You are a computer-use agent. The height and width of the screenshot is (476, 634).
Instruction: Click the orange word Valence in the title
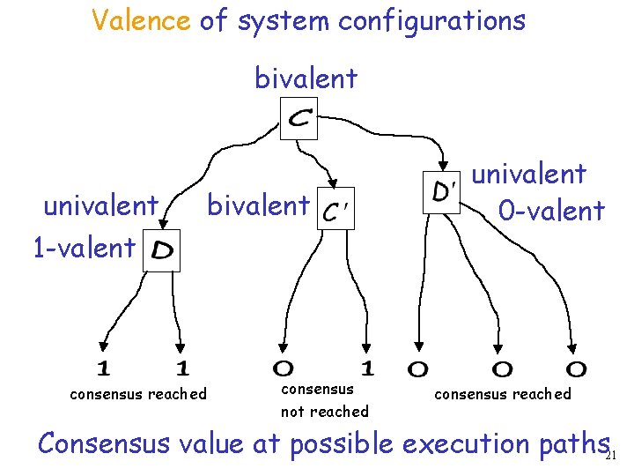[x=141, y=19]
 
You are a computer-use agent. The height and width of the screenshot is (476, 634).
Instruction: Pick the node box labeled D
[x=161, y=250]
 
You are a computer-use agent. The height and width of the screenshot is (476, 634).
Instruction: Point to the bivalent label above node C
[x=306, y=78]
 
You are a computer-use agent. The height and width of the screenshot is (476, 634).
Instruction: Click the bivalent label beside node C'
[x=258, y=205]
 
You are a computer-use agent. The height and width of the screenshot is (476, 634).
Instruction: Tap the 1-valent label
[x=84, y=248]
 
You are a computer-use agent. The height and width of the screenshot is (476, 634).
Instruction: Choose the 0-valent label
[x=551, y=211]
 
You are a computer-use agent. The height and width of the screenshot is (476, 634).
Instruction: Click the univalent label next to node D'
[x=529, y=174]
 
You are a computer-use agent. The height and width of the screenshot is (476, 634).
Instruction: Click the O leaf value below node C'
[x=284, y=368]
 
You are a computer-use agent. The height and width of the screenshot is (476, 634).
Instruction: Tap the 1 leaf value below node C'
[x=368, y=367]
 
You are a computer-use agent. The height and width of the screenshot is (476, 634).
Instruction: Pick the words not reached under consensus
[x=324, y=412]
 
